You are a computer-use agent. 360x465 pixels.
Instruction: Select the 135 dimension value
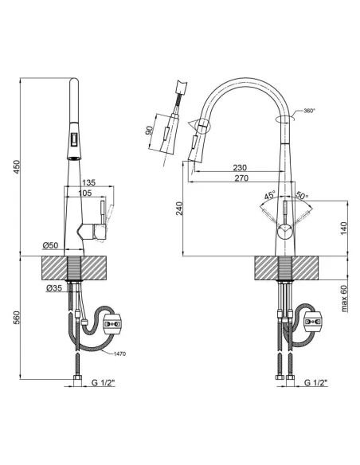click(88, 182)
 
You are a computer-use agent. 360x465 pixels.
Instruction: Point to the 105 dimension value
click(84, 193)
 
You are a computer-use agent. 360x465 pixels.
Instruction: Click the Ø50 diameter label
click(50, 245)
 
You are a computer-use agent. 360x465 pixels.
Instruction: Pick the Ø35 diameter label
click(54, 287)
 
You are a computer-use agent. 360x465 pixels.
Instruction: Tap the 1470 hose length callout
click(119, 354)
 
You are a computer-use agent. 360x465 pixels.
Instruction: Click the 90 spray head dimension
click(149, 131)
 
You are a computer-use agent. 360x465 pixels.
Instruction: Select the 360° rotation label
click(310, 111)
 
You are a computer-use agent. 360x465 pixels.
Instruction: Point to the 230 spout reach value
click(240, 167)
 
